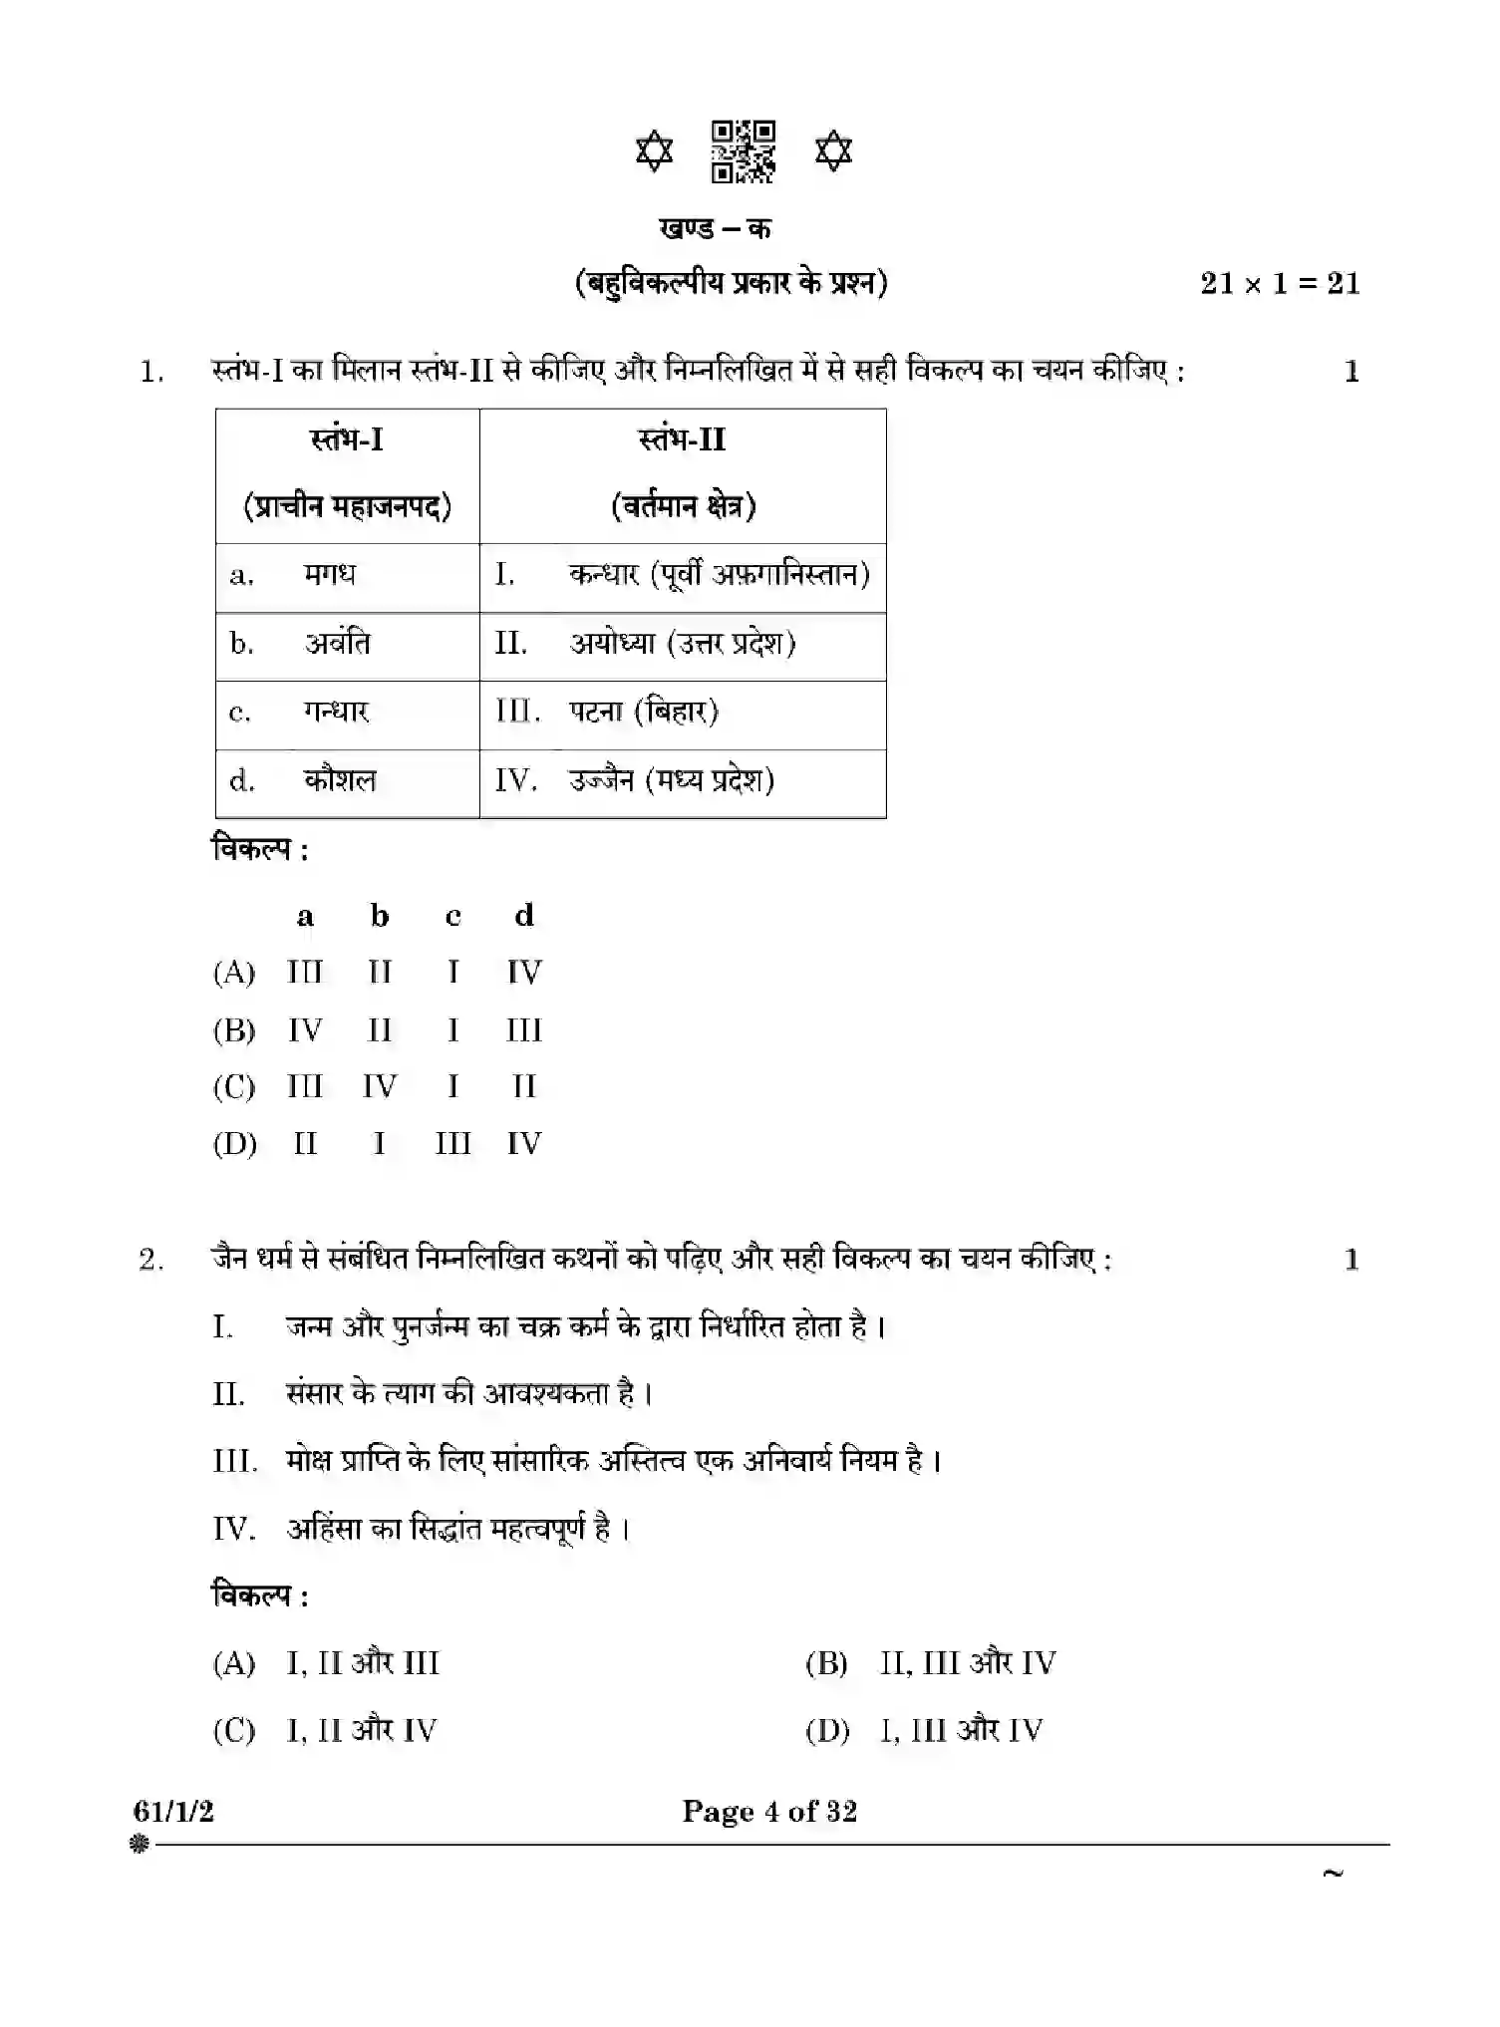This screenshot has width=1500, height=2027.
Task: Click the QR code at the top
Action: point(743,151)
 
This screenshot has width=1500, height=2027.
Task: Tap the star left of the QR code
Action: point(654,151)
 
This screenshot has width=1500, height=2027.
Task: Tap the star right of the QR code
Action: point(833,151)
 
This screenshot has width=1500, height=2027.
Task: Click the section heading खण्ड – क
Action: point(715,228)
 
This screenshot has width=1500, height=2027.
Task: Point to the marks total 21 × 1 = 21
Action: point(1279,284)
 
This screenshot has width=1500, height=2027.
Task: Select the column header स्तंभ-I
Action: point(347,439)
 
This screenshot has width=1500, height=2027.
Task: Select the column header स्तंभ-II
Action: point(683,439)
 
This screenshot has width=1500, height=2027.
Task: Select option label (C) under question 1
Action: point(234,1087)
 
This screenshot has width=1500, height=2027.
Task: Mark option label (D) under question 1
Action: point(234,1144)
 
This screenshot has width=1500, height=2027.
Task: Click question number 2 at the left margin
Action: point(151,1261)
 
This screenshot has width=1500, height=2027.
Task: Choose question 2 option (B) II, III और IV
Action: point(931,1663)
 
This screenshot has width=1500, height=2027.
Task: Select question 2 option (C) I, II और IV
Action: point(325,1731)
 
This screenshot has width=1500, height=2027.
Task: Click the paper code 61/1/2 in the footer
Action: point(173,1811)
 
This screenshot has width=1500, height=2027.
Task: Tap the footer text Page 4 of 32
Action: point(769,1811)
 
